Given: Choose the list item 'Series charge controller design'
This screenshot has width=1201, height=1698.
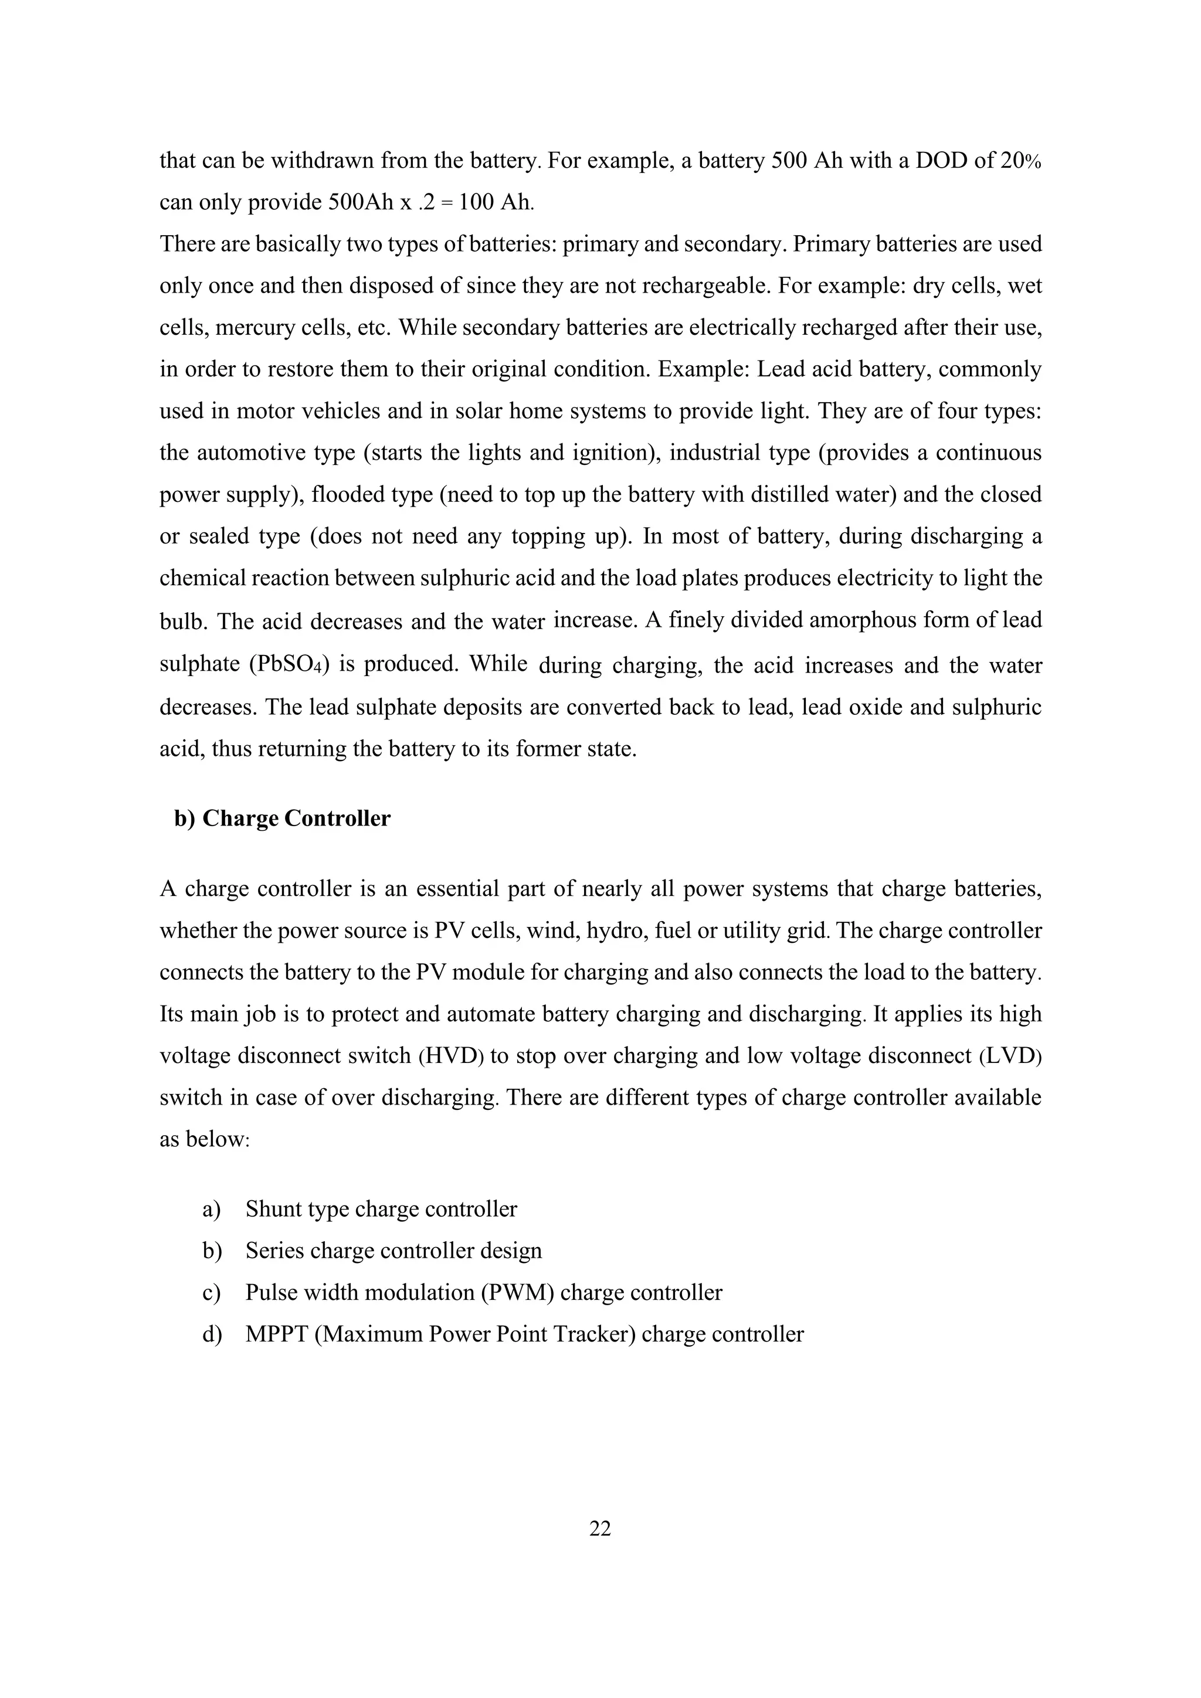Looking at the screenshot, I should point(393,1251).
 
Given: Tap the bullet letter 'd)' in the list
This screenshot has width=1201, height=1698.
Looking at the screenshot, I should point(212,1333).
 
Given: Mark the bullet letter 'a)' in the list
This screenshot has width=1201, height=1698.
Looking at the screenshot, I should point(212,1209).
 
